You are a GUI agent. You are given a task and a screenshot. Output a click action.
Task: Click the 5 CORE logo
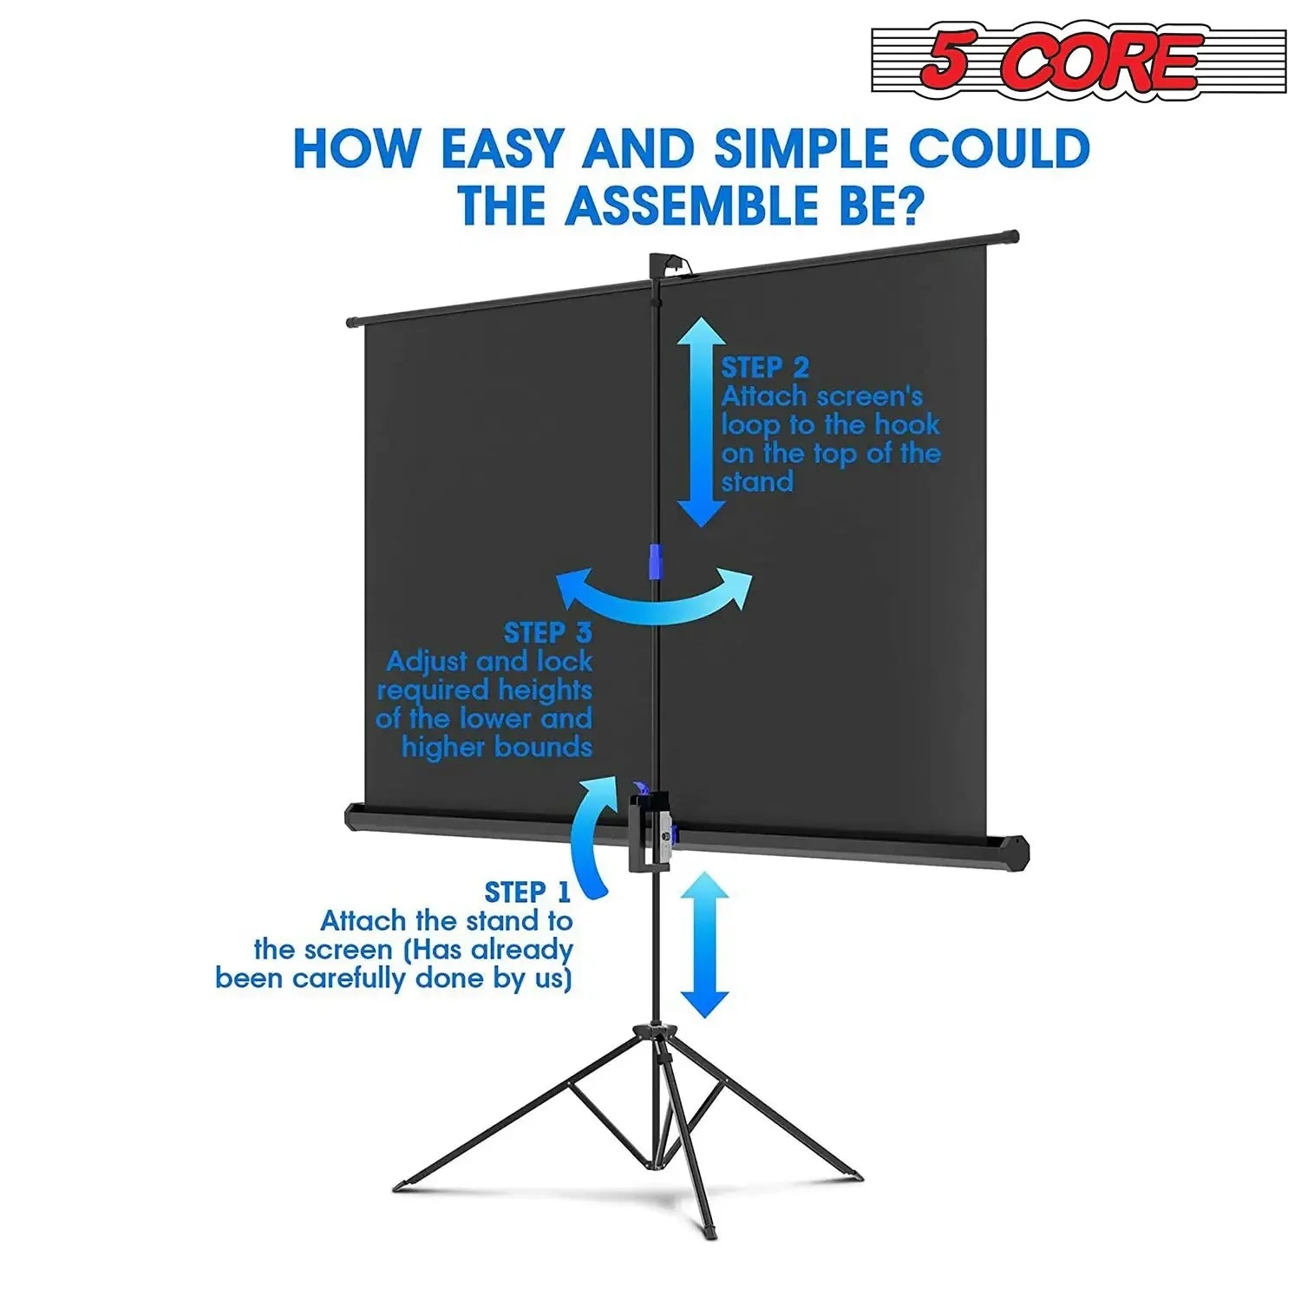[1078, 61]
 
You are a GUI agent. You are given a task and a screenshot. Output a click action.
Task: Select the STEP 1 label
[526, 892]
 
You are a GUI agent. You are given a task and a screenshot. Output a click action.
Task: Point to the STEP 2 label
[765, 368]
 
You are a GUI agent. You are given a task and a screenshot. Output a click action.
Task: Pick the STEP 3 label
[547, 632]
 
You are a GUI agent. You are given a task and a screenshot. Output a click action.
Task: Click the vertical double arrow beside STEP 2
[701, 422]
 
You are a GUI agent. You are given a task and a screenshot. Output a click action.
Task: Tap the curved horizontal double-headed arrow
[655, 597]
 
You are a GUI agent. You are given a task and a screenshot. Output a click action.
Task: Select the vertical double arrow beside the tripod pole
[704, 945]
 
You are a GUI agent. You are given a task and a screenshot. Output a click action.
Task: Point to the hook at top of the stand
[666, 264]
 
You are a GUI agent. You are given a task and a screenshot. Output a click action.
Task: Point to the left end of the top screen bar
[353, 323]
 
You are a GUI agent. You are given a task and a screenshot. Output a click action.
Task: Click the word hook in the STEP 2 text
[905, 424]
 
